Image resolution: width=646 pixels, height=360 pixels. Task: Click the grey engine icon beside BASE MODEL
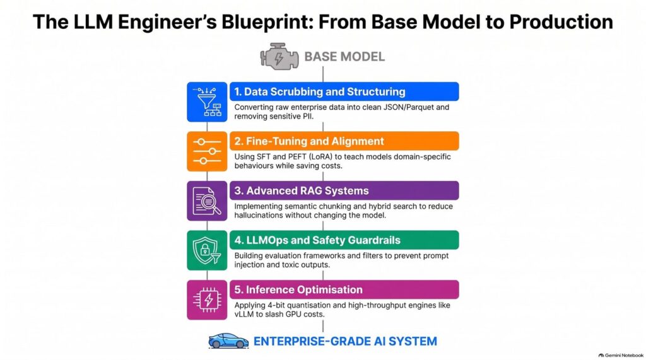pos(279,57)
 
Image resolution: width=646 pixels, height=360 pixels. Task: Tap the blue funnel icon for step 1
pos(207,102)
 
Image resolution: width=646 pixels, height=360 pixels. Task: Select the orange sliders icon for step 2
pos(207,151)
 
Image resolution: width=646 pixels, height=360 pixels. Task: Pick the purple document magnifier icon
pos(207,201)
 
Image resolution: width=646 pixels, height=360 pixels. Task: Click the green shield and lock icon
pos(207,250)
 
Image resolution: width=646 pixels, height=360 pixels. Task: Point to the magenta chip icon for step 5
pos(207,300)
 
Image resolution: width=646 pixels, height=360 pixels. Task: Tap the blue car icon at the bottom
pos(228,341)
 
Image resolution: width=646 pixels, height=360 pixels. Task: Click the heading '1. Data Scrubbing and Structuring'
pos(320,91)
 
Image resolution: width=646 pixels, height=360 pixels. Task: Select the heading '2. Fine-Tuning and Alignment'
pos(309,141)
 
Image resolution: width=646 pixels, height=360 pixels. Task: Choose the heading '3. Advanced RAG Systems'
pos(301,190)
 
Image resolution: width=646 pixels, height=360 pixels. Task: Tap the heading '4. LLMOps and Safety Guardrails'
pos(317,240)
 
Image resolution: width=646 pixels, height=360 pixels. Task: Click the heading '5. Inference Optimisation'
pos(298,289)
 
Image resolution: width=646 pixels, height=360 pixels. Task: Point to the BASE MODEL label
pos(344,57)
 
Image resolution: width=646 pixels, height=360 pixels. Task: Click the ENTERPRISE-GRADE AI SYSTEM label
pos(345,342)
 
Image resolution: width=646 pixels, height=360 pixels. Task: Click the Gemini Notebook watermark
pos(621,355)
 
